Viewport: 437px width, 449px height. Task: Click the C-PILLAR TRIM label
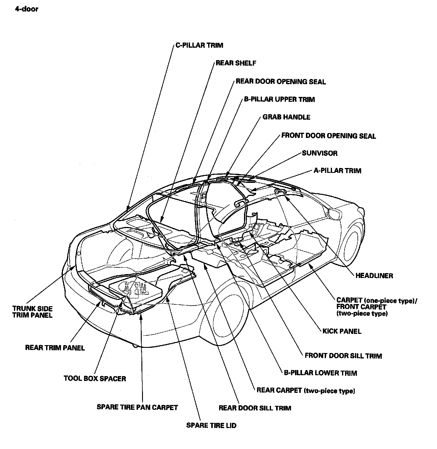(x=199, y=45)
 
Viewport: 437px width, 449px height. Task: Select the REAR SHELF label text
(x=236, y=63)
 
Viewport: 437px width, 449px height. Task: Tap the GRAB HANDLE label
(x=286, y=117)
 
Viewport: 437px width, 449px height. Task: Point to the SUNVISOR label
(x=320, y=153)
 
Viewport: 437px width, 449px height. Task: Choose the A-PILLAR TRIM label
(x=337, y=171)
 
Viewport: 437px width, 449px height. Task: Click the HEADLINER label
(x=374, y=276)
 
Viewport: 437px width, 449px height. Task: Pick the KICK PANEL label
(x=342, y=331)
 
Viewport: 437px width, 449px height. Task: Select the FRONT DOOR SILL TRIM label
(x=344, y=356)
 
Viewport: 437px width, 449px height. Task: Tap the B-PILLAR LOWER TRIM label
(x=320, y=373)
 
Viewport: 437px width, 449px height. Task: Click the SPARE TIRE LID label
(x=211, y=426)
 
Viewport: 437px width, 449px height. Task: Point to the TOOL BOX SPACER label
(x=95, y=379)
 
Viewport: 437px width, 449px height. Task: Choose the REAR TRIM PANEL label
(x=55, y=348)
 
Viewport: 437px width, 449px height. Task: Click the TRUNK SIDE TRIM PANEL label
(x=32, y=312)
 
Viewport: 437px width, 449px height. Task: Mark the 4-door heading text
(x=26, y=9)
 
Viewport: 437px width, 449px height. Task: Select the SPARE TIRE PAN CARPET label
(x=137, y=407)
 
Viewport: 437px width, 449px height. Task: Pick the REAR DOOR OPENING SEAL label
(x=281, y=82)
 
